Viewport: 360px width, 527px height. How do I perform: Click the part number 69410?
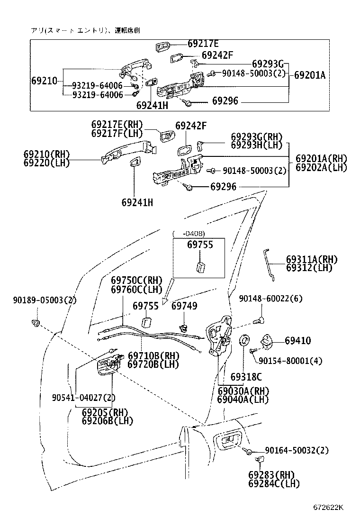(x=298, y=340)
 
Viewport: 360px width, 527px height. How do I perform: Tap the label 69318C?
(x=246, y=377)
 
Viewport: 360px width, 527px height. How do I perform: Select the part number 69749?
(x=184, y=306)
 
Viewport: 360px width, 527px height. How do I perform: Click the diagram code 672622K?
(x=328, y=508)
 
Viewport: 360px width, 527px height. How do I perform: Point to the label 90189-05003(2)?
(x=45, y=300)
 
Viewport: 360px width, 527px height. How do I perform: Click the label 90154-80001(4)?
(x=290, y=361)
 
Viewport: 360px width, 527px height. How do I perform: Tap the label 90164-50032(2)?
(x=297, y=450)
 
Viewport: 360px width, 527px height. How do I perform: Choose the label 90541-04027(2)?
(x=84, y=398)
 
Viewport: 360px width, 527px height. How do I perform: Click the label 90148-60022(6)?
(x=270, y=298)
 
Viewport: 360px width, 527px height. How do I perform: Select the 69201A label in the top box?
(x=310, y=75)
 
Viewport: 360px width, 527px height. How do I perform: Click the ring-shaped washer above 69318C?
(x=244, y=340)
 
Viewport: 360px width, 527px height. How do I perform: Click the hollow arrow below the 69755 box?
(x=167, y=291)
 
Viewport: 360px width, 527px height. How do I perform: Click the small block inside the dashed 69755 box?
(x=200, y=268)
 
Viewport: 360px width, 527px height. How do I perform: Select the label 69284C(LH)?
(x=274, y=484)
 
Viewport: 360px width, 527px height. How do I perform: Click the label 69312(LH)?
(x=309, y=268)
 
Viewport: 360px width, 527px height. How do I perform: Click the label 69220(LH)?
(x=47, y=163)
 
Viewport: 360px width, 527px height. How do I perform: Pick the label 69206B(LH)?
(x=108, y=420)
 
